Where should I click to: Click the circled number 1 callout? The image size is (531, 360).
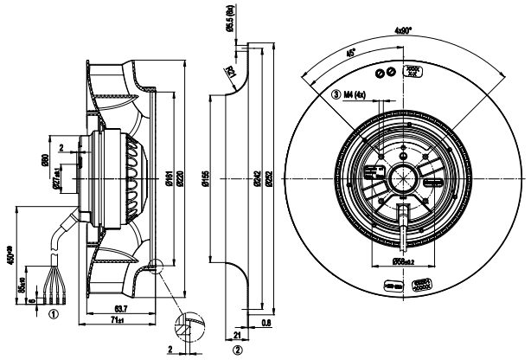click(54, 315)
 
